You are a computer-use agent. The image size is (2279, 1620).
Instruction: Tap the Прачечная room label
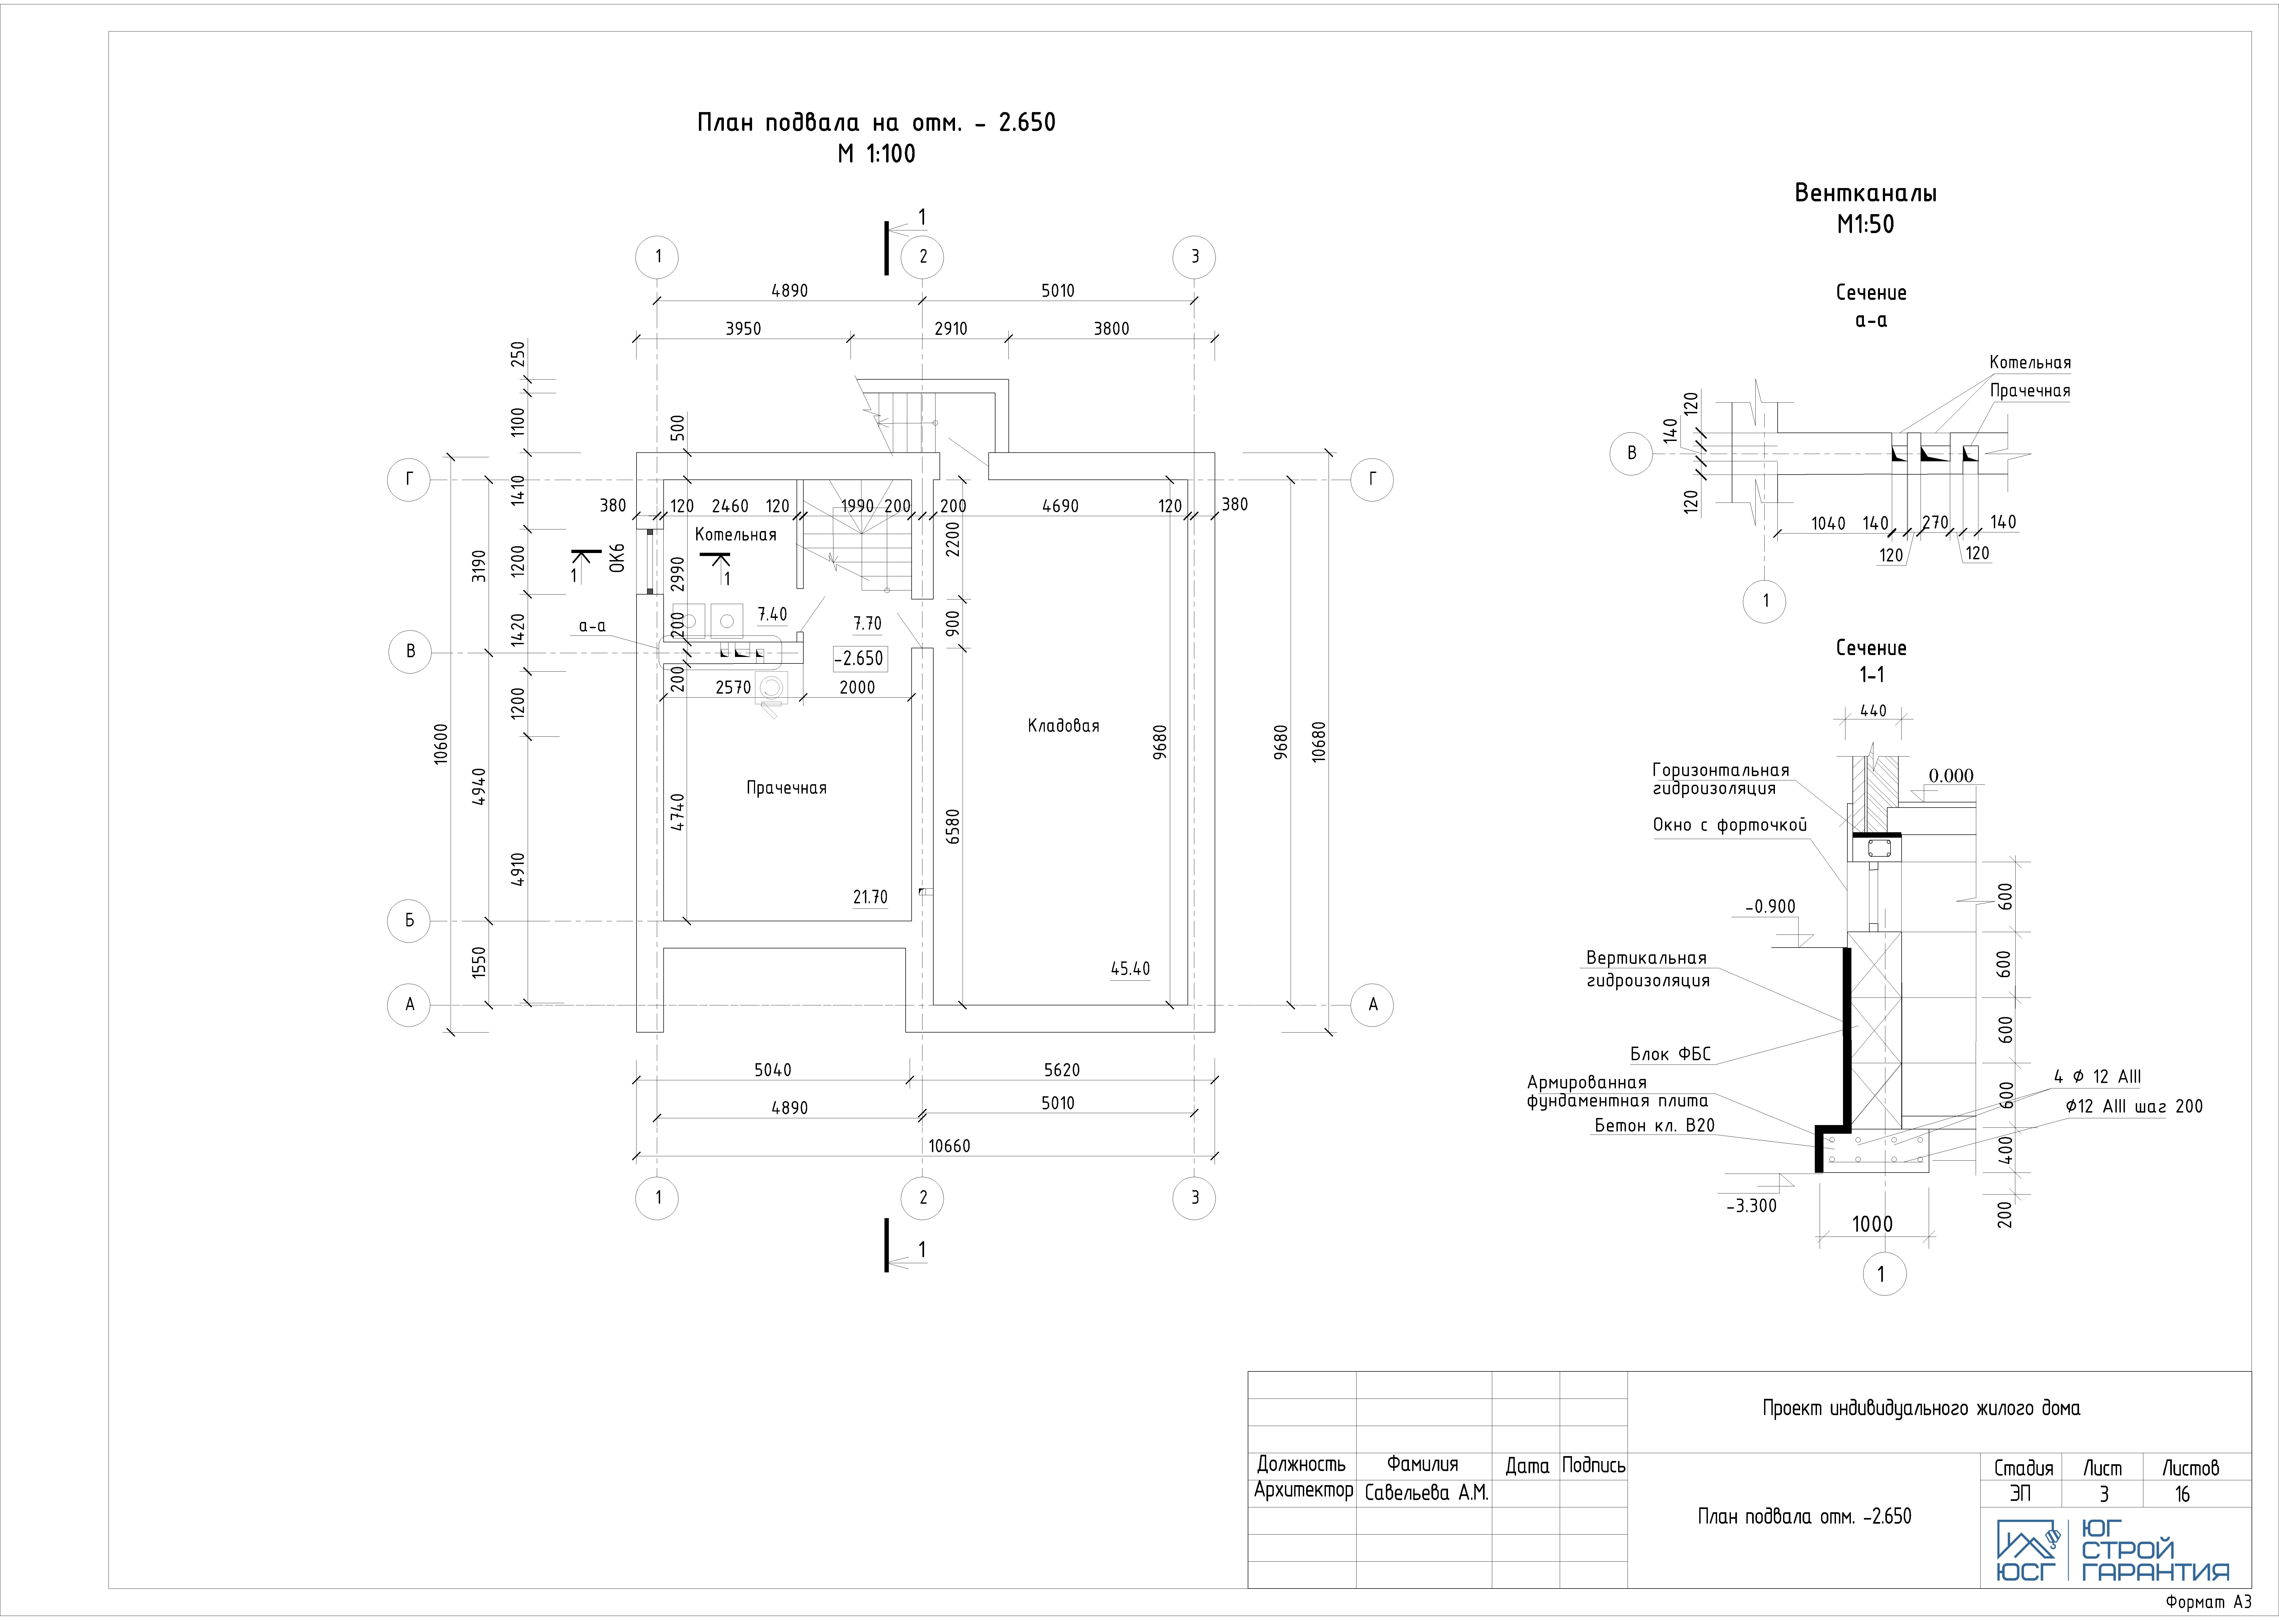(x=786, y=788)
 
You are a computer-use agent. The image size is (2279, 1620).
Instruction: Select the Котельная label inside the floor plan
(x=735, y=535)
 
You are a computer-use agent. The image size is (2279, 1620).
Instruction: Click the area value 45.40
(x=1130, y=969)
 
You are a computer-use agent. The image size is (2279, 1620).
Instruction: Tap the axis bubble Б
(x=409, y=921)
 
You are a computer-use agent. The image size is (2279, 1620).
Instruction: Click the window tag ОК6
(x=618, y=558)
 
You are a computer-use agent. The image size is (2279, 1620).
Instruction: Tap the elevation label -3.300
(x=1751, y=1206)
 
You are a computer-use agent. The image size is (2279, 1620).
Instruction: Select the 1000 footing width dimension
(x=1872, y=1224)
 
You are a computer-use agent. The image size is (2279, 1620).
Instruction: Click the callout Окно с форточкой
(x=1729, y=825)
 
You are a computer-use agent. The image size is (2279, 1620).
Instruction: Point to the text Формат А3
(x=2209, y=1602)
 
